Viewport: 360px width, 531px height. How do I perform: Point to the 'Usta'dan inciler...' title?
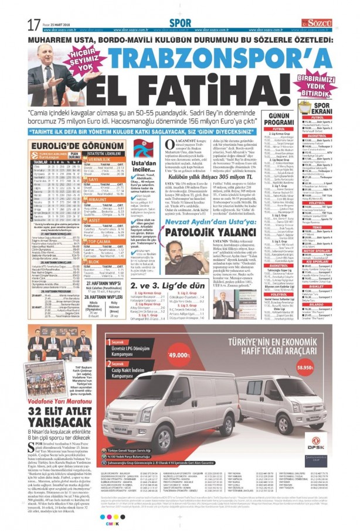144,166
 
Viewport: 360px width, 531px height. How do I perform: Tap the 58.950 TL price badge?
321,367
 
